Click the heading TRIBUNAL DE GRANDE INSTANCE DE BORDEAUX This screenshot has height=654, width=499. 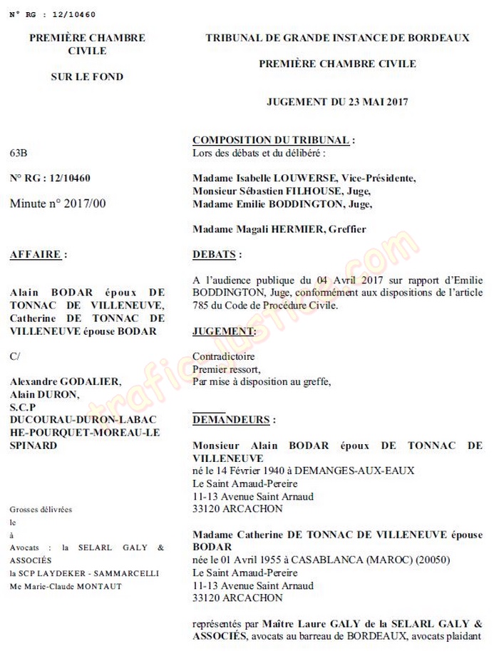[337, 38]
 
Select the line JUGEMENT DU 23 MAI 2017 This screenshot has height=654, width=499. [337, 102]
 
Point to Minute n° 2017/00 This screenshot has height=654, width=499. [58, 203]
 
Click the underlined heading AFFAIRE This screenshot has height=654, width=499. [39, 254]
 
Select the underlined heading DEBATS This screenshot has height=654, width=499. [217, 254]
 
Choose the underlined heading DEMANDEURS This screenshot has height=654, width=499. [233, 420]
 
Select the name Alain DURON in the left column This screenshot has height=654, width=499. [44, 393]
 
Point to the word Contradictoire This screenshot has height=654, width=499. [224, 356]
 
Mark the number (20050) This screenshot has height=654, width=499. [431, 560]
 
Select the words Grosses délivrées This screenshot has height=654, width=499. [41, 509]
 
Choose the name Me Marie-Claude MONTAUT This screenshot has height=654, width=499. [66, 586]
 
